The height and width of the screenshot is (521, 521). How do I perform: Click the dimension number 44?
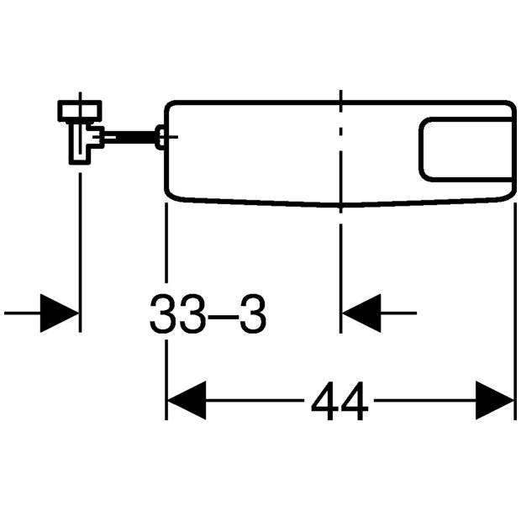[x=339, y=401]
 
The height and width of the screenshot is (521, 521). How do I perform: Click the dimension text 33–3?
[x=208, y=313]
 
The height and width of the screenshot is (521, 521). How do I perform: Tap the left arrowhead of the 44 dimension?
[x=187, y=400]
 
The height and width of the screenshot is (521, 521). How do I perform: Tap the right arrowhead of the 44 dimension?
[x=495, y=400]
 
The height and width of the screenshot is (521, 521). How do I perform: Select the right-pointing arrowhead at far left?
[x=59, y=313]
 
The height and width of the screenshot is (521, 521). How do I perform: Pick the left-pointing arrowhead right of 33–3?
[x=361, y=313]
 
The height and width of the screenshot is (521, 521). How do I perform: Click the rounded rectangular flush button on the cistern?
[x=466, y=150]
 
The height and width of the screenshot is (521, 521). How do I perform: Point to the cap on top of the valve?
[x=80, y=111]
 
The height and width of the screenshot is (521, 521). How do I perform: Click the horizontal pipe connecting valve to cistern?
[x=130, y=137]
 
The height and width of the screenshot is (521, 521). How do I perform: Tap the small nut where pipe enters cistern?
[x=161, y=137]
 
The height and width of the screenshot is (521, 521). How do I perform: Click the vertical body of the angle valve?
[x=80, y=143]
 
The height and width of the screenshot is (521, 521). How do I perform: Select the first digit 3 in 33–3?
[x=164, y=313]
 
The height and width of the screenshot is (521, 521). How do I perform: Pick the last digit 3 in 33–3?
[x=253, y=313]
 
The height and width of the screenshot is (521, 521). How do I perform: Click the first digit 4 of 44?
[x=325, y=401]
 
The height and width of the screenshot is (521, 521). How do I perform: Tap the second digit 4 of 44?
[x=355, y=401]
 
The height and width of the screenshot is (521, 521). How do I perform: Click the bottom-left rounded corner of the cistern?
[x=170, y=195]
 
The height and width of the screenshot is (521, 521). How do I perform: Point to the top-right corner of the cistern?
[x=512, y=104]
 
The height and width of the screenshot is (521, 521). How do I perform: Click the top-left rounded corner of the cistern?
[x=169, y=104]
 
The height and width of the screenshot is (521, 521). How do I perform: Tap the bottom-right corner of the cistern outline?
[x=511, y=195]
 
